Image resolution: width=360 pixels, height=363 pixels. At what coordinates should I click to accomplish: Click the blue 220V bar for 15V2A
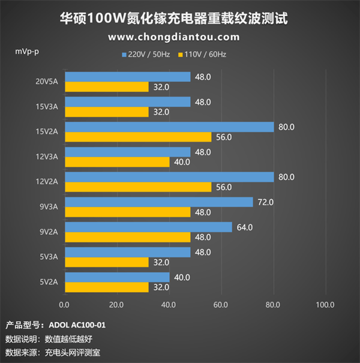[x=169, y=127]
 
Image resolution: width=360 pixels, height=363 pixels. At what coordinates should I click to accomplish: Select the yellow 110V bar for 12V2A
[x=138, y=187]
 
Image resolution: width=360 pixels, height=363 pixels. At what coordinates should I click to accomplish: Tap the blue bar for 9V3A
[x=159, y=202]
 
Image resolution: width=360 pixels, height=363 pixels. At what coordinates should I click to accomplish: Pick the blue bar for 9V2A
[x=148, y=227]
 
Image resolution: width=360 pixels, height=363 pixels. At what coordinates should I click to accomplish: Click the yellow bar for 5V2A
[x=106, y=287]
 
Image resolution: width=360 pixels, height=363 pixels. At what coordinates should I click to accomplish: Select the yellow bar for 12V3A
[x=117, y=161]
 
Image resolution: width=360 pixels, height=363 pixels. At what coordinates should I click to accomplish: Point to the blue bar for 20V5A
[x=128, y=77]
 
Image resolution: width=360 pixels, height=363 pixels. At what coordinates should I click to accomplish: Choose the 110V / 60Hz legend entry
[x=204, y=55]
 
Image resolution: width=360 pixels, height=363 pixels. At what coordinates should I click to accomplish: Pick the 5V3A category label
[x=48, y=257]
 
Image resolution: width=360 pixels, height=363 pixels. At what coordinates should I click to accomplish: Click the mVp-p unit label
[x=27, y=51]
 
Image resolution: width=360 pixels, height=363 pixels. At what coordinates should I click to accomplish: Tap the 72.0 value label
[x=265, y=202]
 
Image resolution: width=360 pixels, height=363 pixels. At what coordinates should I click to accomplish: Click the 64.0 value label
[x=244, y=227]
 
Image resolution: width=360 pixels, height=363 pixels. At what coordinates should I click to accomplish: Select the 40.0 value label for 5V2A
[x=182, y=277]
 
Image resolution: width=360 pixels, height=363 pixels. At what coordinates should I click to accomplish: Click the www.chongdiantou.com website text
[x=173, y=37]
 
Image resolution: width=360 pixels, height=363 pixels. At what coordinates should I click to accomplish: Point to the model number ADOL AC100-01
[x=76, y=325]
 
